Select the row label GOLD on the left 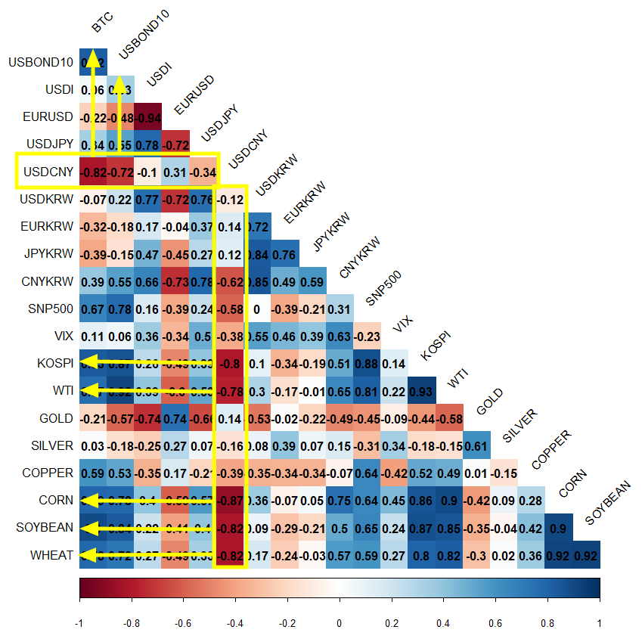pos(56,418)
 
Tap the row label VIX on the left pos(63,336)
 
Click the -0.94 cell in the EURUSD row pos(147,117)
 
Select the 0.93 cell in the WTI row pos(422,391)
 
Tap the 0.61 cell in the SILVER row pos(477,445)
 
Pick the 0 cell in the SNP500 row pos(257,309)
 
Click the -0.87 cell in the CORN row pos(230,501)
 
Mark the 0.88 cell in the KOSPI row pos(367,363)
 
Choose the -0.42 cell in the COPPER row pos(394,473)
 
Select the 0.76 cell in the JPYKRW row pos(284,254)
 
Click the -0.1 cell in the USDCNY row pos(147,172)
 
